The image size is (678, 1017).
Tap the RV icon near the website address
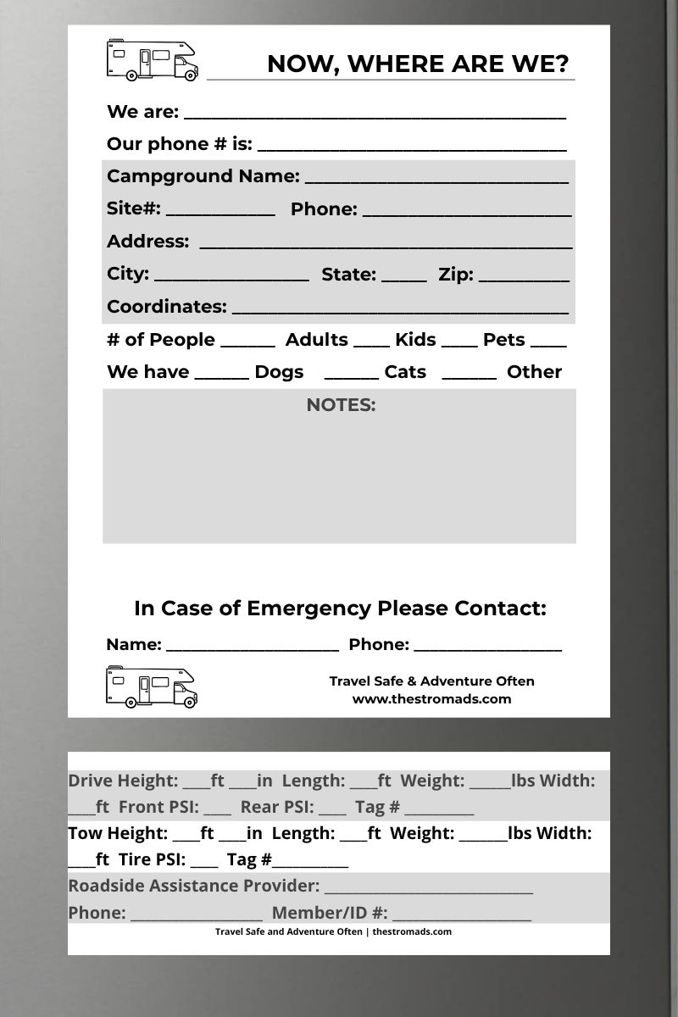(152, 686)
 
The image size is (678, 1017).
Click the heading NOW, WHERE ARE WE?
(417, 64)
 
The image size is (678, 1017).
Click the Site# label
(133, 208)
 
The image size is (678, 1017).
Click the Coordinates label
(166, 307)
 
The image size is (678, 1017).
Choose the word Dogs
(279, 372)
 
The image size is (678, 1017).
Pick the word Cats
(405, 372)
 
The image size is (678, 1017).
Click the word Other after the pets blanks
(534, 372)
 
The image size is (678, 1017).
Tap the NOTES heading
(341, 405)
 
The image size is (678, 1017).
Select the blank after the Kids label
(459, 343)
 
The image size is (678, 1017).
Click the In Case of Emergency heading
(340, 609)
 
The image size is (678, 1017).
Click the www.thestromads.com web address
(431, 699)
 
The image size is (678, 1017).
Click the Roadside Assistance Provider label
(193, 886)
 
